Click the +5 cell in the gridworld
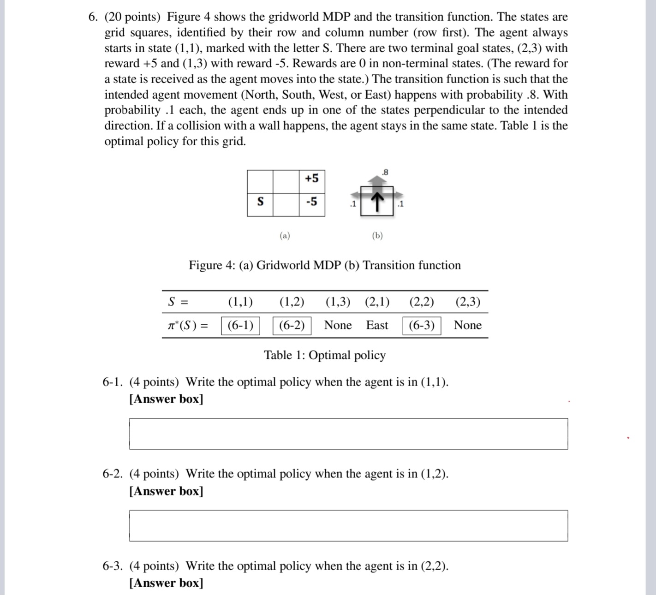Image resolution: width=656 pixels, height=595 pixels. [312, 178]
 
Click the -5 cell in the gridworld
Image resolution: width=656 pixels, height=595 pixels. [312, 202]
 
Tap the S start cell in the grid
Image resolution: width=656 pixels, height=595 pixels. [260, 202]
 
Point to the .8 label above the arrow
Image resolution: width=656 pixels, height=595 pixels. [385, 172]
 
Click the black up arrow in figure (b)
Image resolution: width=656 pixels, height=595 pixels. [377, 202]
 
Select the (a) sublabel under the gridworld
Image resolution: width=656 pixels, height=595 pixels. [285, 236]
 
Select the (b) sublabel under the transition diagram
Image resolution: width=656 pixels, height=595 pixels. [377, 236]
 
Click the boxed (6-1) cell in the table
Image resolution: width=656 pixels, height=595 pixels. [240, 325]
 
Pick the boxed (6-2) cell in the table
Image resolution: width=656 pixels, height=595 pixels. [292, 325]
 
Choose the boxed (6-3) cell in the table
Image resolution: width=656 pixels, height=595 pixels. [422, 325]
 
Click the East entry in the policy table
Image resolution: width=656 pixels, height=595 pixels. [377, 325]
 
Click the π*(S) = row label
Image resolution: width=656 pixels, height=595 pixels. [187, 325]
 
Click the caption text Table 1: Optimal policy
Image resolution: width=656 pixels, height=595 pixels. [325, 355]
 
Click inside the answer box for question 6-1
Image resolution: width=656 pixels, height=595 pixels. [348, 434]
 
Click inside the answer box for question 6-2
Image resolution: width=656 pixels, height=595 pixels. [348, 525]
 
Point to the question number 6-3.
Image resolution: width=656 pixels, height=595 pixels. [113, 566]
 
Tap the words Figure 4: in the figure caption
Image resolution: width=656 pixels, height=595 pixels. [212, 265]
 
